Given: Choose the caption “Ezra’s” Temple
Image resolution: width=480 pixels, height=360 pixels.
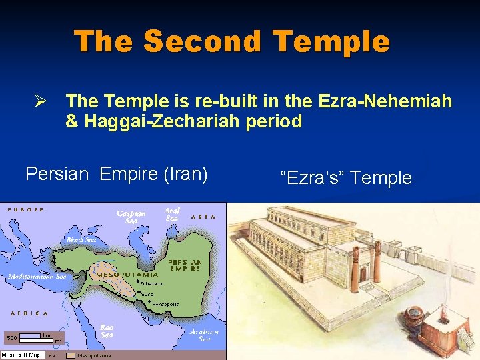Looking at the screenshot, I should click(346, 178).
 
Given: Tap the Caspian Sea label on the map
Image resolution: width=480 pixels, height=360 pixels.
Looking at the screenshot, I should click(131, 217).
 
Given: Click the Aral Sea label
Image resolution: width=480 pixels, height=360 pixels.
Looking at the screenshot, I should click(172, 214).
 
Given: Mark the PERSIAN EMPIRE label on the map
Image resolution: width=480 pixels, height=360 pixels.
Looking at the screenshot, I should click(185, 265).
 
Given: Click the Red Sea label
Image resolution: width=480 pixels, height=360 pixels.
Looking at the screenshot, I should click(107, 331).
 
